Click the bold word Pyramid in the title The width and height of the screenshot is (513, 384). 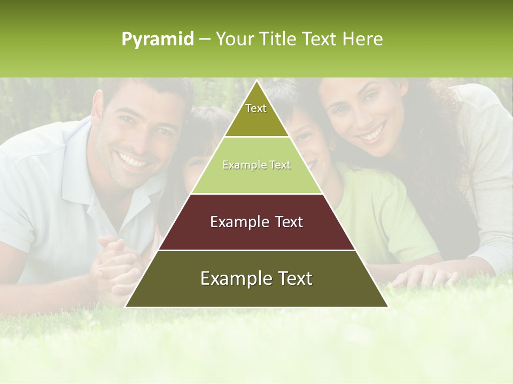pyautogui.click(x=157, y=39)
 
